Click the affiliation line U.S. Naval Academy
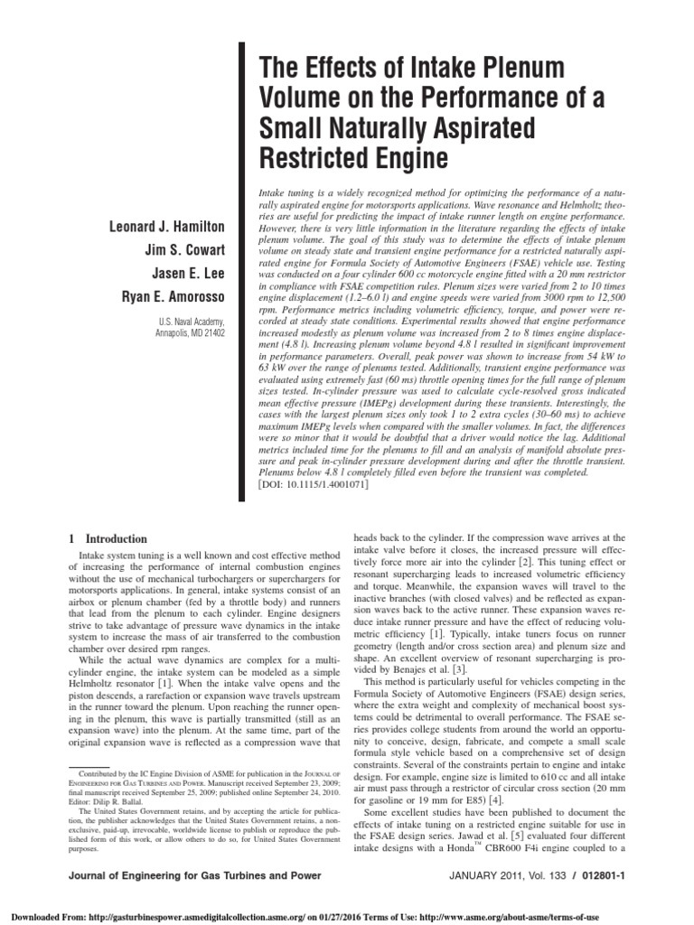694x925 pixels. point(193,322)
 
